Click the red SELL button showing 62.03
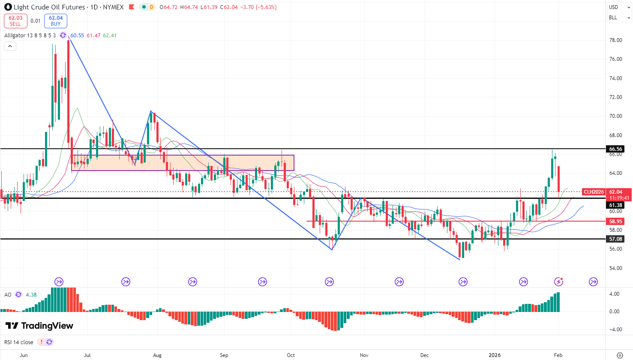(x=15, y=21)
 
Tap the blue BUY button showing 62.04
(x=56, y=21)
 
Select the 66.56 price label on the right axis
(x=616, y=149)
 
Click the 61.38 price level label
(x=616, y=205)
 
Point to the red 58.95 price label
(x=616, y=222)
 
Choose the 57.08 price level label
(x=616, y=239)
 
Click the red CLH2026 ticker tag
(x=594, y=192)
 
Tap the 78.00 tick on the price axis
(x=615, y=40)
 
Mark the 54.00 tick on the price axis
(x=615, y=268)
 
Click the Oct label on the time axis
(x=291, y=355)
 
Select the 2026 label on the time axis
(x=495, y=355)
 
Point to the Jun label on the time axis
(x=24, y=355)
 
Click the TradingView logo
(x=39, y=326)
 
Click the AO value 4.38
(x=31, y=295)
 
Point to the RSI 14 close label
(x=19, y=342)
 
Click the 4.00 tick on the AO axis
(x=614, y=294)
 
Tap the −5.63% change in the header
(x=266, y=7)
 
